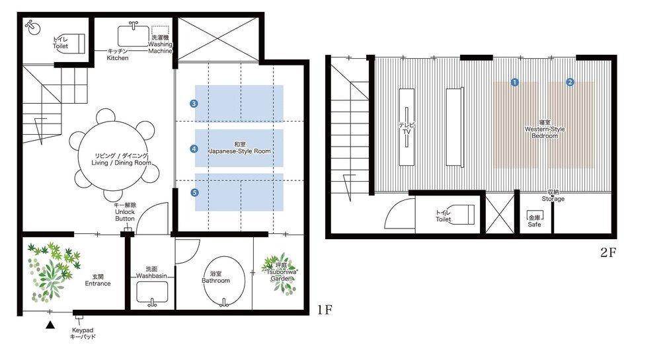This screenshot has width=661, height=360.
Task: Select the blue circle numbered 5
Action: [194, 192]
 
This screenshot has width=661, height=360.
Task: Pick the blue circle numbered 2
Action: [570, 82]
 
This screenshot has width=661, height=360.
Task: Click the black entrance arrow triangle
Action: [49, 324]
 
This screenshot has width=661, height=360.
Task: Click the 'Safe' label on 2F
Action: [534, 224]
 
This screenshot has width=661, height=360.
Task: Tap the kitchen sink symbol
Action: [134, 34]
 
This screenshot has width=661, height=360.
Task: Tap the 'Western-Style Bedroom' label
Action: [544, 129]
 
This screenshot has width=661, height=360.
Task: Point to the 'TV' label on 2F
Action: [407, 128]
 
